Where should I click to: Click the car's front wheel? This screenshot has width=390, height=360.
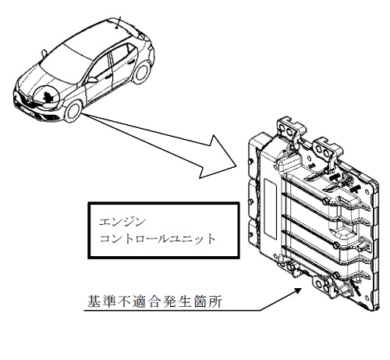(73, 111)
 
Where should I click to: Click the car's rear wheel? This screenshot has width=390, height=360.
(142, 72)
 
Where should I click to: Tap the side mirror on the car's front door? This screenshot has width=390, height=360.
(92, 80)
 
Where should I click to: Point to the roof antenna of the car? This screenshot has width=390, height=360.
(119, 22)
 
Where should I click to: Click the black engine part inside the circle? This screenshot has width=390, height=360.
(48, 96)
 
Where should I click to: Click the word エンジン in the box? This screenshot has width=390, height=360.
(122, 222)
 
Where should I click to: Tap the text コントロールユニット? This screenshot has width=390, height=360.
(158, 239)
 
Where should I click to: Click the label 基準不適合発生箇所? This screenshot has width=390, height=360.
(154, 301)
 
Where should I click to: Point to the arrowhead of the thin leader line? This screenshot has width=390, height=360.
(298, 290)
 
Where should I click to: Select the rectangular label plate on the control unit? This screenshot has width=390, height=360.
(270, 209)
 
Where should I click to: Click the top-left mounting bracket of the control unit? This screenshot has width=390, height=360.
(290, 128)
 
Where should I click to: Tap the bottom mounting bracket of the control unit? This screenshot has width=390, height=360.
(322, 283)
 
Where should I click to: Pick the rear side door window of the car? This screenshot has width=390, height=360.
(121, 53)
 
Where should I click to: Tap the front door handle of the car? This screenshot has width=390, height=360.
(108, 77)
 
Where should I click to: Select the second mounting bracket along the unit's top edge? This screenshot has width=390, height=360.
(326, 151)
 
